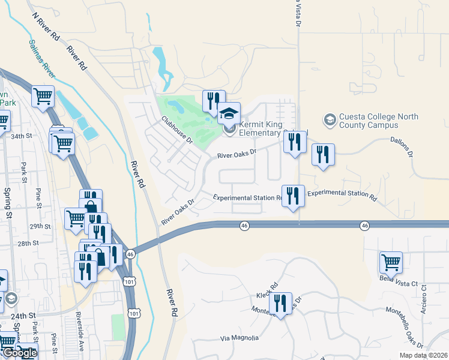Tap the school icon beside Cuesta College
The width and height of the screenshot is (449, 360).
[x=330, y=121]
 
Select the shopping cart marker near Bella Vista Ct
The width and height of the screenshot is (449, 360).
[x=391, y=262]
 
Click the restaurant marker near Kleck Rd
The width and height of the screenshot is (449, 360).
[x=280, y=303]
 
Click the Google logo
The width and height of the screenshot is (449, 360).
[x=19, y=353]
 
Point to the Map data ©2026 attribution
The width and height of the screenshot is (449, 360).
[x=423, y=355]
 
